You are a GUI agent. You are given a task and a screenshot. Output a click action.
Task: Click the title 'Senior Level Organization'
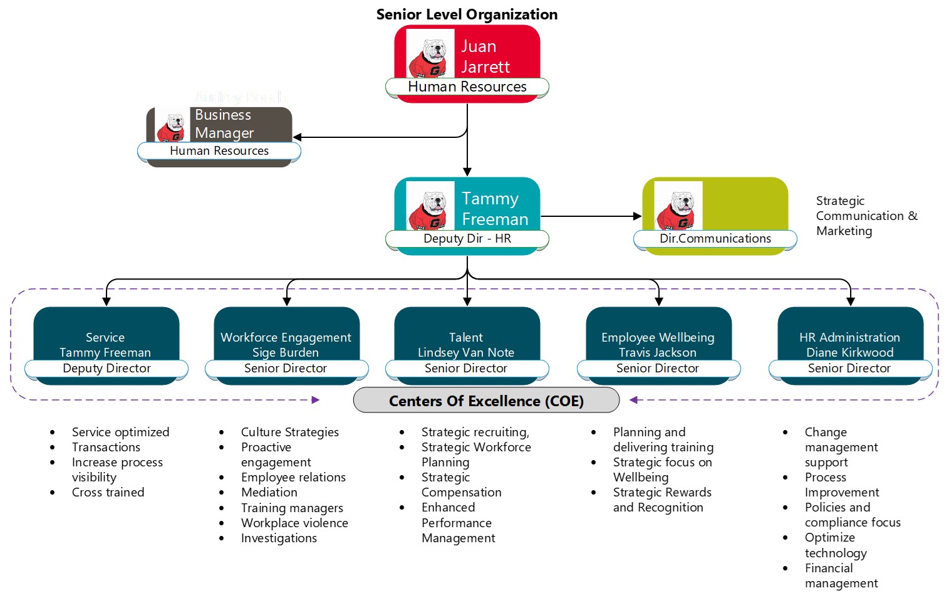467,14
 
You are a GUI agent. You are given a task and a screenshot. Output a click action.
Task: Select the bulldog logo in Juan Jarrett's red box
430,55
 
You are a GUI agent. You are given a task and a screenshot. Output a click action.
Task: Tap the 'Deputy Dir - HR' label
467,239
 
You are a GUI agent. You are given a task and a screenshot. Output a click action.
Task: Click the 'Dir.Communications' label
715,239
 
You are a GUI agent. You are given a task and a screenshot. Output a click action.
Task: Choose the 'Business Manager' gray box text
224,124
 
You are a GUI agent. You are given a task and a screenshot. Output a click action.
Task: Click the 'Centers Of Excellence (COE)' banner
486,401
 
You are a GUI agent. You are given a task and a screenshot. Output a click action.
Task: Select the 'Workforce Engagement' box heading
286,337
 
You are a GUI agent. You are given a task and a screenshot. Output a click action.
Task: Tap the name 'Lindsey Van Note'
466,352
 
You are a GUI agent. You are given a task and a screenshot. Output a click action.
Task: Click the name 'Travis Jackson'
658,352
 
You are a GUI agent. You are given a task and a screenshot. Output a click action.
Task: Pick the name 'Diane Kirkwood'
849,352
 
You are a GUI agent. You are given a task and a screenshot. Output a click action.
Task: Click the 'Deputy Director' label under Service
106,369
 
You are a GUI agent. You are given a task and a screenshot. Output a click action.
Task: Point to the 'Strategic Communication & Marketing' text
865,216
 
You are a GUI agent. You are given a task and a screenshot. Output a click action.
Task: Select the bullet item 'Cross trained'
108,492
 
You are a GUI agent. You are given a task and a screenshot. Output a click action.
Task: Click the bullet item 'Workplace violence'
294,523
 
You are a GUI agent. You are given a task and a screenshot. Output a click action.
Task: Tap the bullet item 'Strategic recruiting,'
475,432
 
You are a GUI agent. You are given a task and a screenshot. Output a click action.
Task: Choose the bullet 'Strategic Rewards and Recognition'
661,500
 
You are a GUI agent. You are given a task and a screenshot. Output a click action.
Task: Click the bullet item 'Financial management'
841,575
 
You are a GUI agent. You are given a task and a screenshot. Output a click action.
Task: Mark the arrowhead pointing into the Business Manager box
298,137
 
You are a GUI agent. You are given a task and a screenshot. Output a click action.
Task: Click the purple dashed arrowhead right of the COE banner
633,400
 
